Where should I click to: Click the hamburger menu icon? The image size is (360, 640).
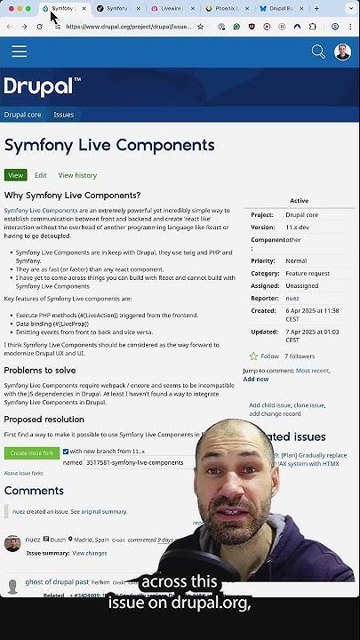[x=19, y=52]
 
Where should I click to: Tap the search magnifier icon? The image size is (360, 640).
[x=318, y=52]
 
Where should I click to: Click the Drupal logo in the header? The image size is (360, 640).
[x=42, y=86]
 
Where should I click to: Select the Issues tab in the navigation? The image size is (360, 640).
[x=63, y=115]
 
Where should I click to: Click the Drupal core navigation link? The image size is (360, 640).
[x=22, y=115]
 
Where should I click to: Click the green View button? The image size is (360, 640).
[x=15, y=176]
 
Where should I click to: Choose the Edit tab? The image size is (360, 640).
[x=41, y=176]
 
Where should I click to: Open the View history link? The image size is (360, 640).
[x=77, y=176]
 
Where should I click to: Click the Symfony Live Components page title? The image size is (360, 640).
[x=108, y=145]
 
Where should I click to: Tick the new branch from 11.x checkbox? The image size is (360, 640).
[x=66, y=452]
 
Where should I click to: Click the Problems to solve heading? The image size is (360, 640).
[x=40, y=370]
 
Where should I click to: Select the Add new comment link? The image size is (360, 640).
[x=256, y=379]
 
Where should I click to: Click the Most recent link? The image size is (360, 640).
[x=312, y=370]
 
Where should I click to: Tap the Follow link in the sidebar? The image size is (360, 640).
[x=269, y=356]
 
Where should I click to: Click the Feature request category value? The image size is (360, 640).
[x=308, y=274]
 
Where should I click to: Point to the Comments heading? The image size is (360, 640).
[x=34, y=491]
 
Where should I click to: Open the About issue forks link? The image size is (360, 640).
[x=23, y=473]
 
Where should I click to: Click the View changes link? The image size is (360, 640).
[x=90, y=553]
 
